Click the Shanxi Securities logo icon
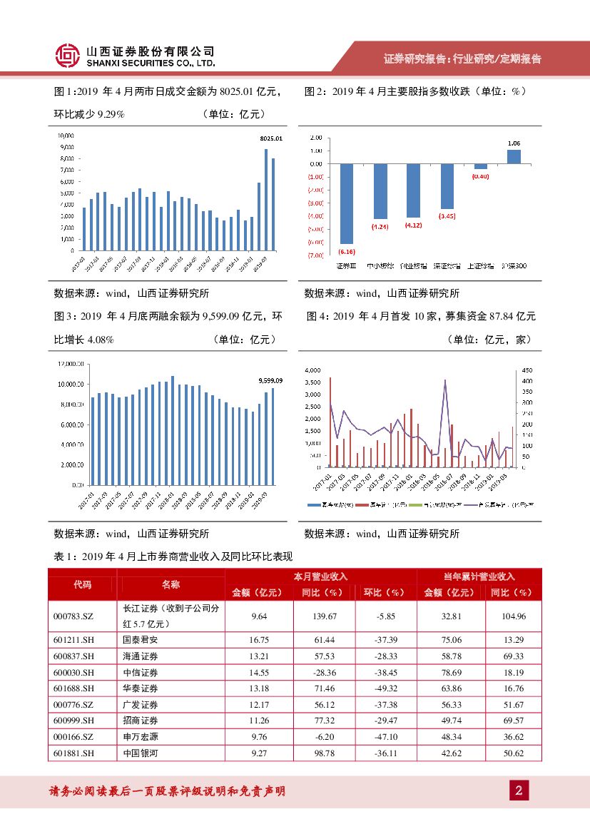[68, 56]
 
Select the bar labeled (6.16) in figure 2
[346, 203]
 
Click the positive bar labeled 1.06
[514, 156]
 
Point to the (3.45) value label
[447, 215]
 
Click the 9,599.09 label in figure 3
[270, 381]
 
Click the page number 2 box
[519, 790]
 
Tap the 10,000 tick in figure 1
[66, 135]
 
